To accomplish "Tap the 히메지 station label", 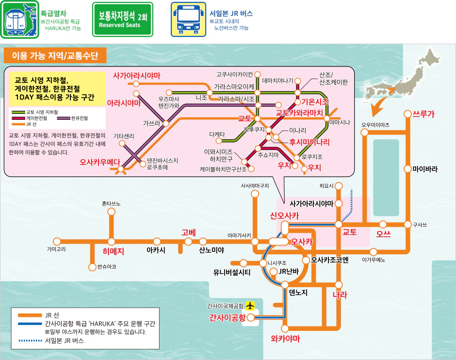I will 114,252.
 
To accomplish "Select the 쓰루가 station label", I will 423,114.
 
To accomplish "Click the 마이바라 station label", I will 425,169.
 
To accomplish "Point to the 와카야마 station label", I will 286,339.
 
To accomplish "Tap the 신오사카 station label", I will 284,215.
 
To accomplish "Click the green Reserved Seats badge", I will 123,20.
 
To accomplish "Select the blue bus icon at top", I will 185,20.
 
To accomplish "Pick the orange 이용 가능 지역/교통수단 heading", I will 55,55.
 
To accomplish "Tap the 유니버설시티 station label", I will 232,273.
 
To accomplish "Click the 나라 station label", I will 340,295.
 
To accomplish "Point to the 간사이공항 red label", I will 227,318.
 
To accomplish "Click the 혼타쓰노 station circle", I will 112,212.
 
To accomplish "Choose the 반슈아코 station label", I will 107,267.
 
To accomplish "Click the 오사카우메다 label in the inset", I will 100,163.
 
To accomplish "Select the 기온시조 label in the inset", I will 315,102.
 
